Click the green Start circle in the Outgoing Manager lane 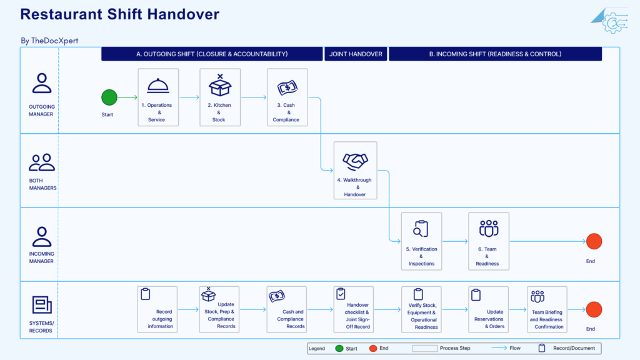[x=109, y=97]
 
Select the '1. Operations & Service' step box [x=158, y=97]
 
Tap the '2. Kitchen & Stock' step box [x=220, y=97]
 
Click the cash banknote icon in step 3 [x=287, y=87]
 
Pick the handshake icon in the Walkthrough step [x=355, y=161]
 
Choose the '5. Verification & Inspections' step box [x=422, y=241]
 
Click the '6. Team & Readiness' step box [x=489, y=241]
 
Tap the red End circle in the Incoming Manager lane [x=594, y=241]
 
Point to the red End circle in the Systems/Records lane [x=594, y=309]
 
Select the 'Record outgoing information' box [x=157, y=309]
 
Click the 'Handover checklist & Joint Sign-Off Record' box [x=354, y=309]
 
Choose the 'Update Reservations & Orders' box [x=489, y=309]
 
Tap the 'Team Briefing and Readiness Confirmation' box [x=547, y=309]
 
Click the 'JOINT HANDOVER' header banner [x=356, y=54]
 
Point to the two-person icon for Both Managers [x=42, y=162]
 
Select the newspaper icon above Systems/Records [x=42, y=305]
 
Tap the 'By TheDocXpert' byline [x=49, y=41]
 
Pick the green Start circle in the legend [x=339, y=348]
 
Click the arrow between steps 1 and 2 [x=189, y=97]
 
